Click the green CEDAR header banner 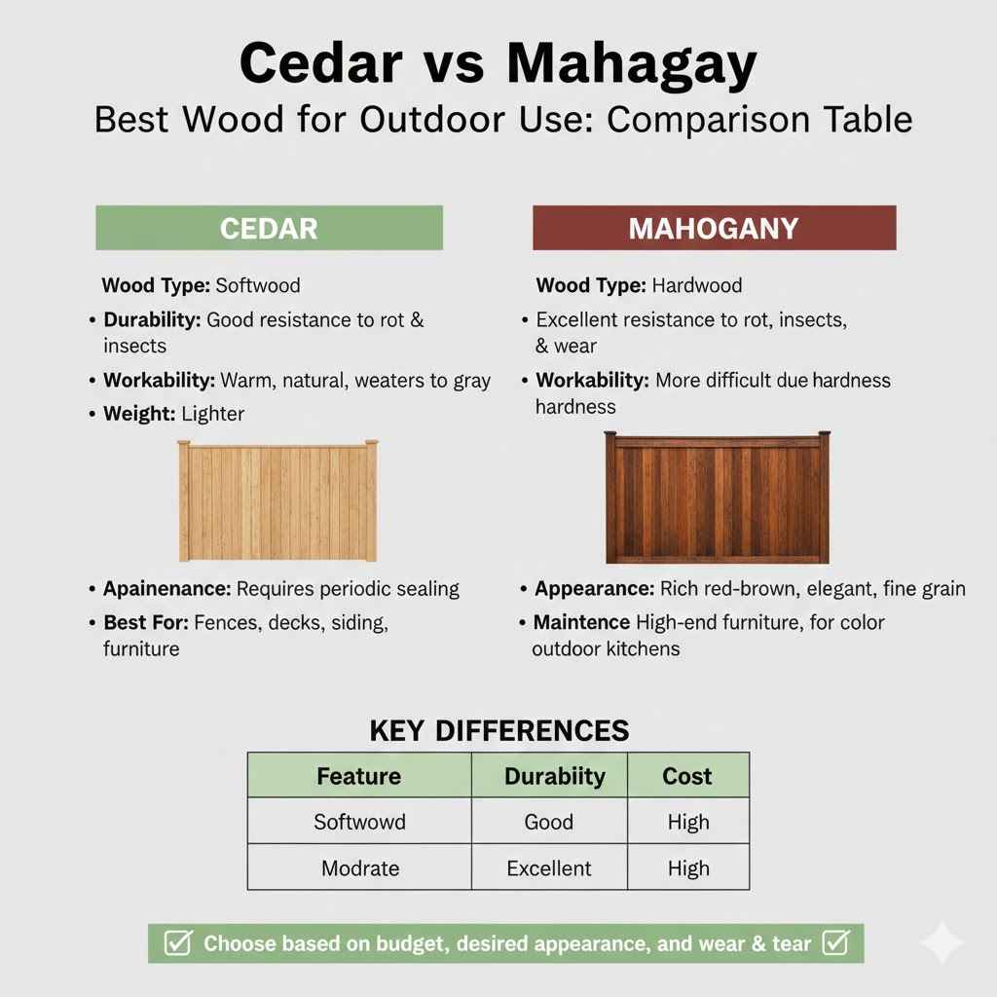(x=269, y=228)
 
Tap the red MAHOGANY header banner (x=714, y=228)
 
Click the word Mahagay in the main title (x=631, y=65)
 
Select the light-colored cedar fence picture (x=277, y=500)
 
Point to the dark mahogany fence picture (x=718, y=498)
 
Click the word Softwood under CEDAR (x=258, y=285)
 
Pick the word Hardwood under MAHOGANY (x=696, y=285)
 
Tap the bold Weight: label (x=139, y=414)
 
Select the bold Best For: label (x=146, y=622)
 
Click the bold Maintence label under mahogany (x=581, y=621)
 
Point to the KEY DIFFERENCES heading (x=499, y=730)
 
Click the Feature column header (x=359, y=776)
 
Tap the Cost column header (x=687, y=776)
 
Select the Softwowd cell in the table (x=359, y=822)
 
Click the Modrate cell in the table (x=359, y=868)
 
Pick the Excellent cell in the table (x=549, y=868)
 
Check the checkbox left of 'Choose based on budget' (x=177, y=942)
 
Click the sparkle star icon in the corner (x=942, y=942)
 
